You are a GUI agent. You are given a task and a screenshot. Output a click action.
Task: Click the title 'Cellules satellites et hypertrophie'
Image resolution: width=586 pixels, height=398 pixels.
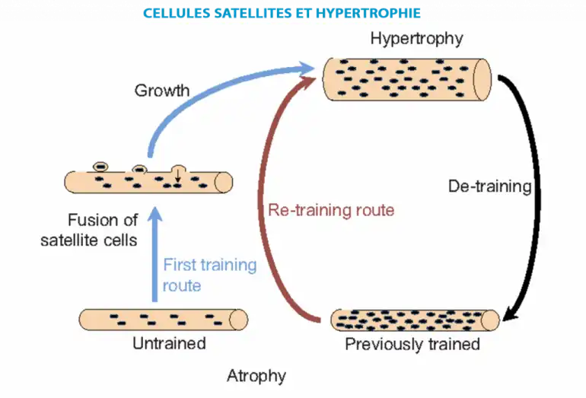pos(292,12)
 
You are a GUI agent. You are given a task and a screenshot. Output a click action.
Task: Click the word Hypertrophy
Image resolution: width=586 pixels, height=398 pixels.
pos(416,38)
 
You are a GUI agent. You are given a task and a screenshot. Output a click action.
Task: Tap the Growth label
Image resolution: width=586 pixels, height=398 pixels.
pos(162,91)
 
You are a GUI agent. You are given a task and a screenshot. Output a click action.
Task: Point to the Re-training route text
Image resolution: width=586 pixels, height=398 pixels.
pos(331,209)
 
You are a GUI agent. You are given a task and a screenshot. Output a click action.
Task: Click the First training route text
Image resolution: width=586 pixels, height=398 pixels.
pos(209,275)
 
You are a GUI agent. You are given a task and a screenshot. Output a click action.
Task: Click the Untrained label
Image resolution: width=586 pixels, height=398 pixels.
pos(169,343)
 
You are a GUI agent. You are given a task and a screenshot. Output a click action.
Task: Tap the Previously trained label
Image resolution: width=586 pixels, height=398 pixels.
pos(412,344)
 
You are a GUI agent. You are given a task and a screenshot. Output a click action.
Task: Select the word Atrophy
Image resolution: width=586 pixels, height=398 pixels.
pos(256,375)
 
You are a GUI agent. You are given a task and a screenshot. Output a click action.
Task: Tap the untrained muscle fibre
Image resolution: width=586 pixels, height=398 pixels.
pos(163,318)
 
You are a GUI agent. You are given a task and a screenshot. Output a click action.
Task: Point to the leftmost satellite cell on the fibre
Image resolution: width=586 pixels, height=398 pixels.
pos(100,166)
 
